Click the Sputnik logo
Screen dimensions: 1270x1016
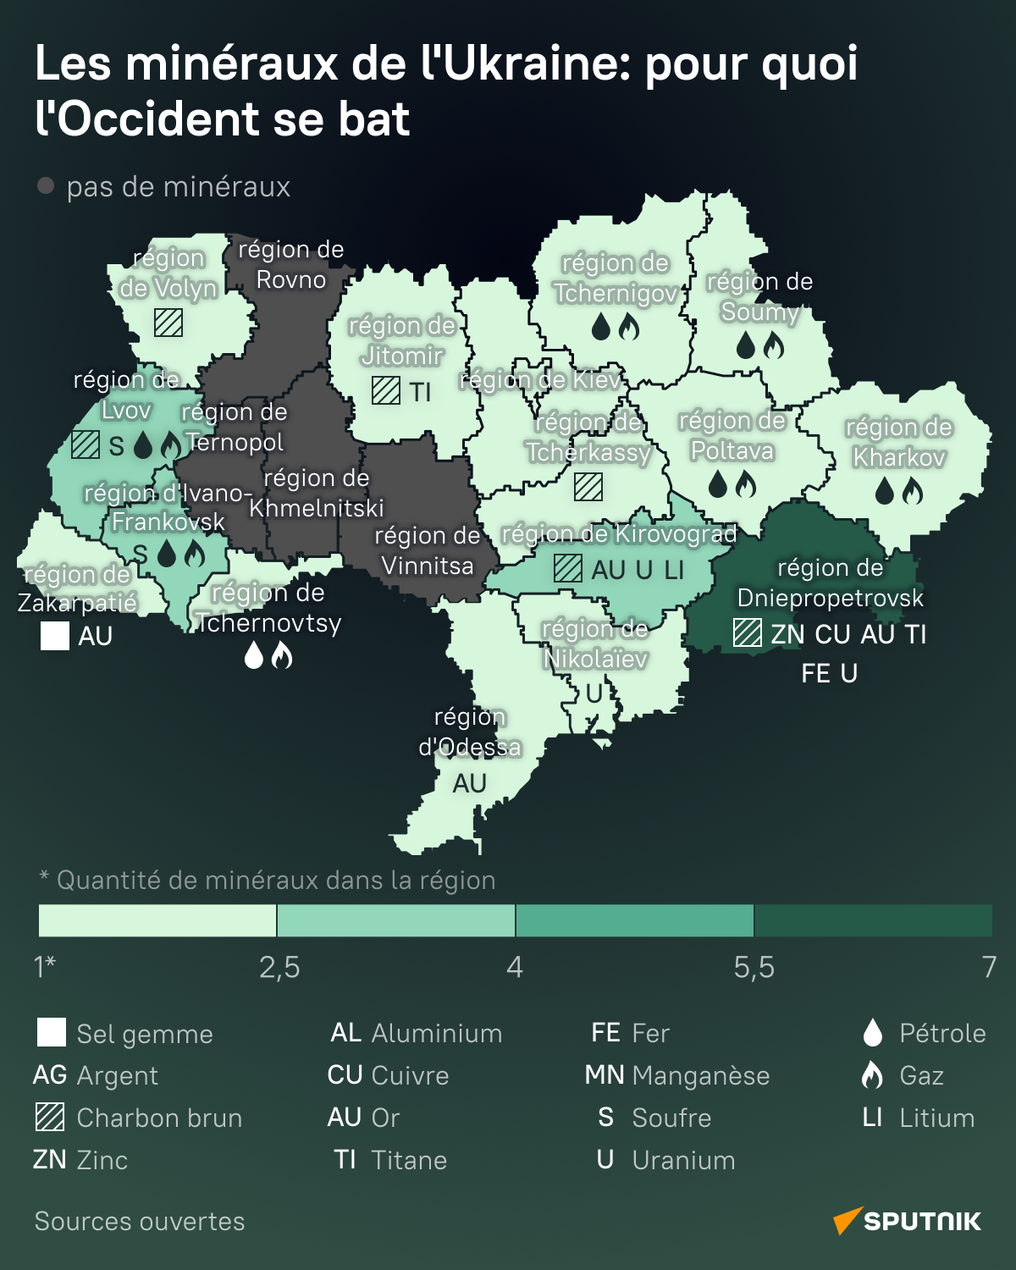coord(907,1221)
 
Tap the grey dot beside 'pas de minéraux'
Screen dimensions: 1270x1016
coord(46,185)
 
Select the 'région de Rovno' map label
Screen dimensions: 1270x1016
coord(290,264)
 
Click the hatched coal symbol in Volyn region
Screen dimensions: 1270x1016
coord(168,323)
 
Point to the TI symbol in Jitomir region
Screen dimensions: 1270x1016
coord(421,392)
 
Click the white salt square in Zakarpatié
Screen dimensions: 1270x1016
coord(55,636)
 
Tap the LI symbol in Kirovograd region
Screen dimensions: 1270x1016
coord(674,570)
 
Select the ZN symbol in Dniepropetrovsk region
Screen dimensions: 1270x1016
coord(787,634)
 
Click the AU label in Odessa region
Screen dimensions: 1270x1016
coord(469,783)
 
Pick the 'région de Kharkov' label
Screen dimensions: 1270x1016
coord(898,442)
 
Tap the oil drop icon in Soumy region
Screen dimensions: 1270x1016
coord(746,345)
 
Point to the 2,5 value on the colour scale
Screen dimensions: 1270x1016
coord(279,967)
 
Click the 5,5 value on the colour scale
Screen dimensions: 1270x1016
coord(754,967)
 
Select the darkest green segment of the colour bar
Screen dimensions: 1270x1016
coord(872,920)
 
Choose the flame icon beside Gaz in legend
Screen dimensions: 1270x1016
coord(872,1075)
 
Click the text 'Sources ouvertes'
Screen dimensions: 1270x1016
coord(140,1221)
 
